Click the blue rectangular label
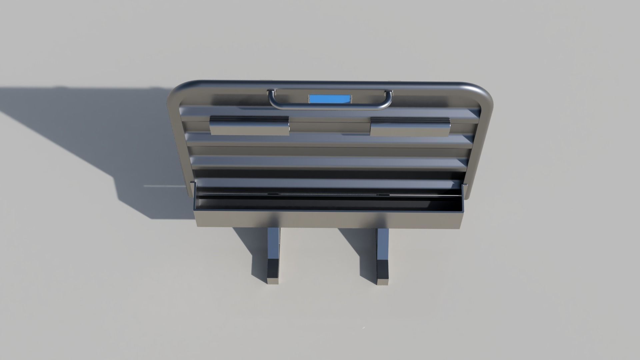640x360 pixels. point(330,99)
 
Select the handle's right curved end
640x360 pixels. point(388,98)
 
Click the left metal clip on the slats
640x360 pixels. point(249,126)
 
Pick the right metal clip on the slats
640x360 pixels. point(410,127)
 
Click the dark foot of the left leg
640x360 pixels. point(273,272)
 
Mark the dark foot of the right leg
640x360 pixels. point(383,272)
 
